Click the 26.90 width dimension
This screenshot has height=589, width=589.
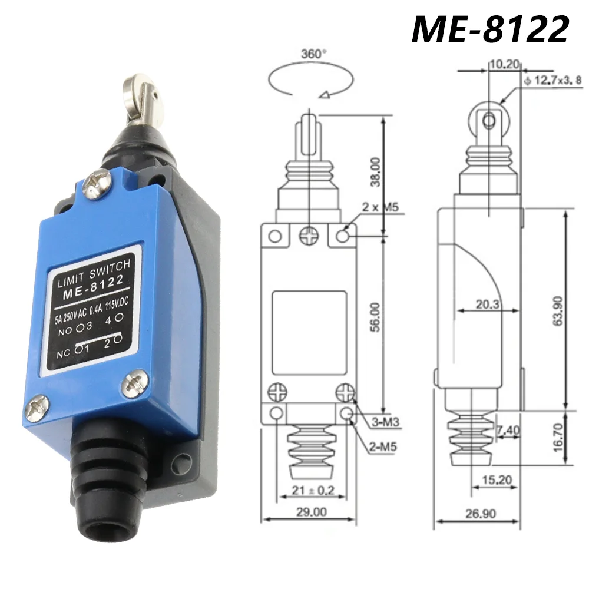tap(479, 514)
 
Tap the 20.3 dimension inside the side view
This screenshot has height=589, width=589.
tap(487, 305)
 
